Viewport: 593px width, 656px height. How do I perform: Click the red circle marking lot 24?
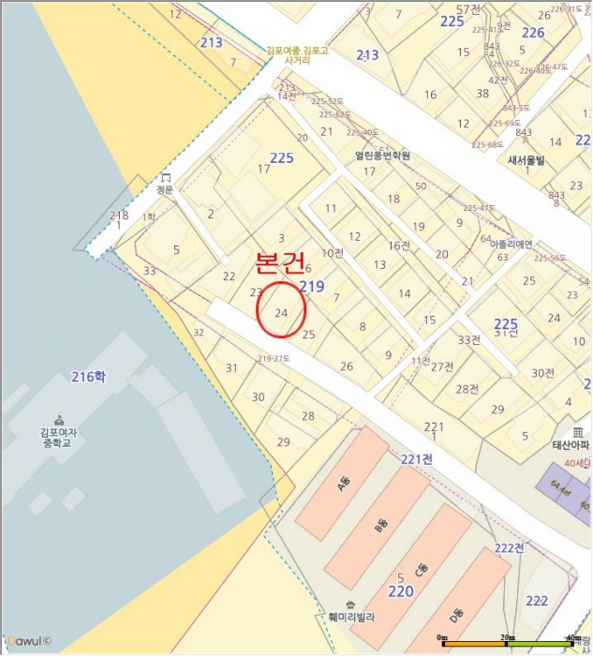tap(280, 309)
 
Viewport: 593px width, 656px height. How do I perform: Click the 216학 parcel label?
tap(89, 377)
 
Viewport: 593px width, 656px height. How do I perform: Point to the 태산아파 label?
tap(568, 446)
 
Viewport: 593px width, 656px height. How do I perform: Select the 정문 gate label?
tap(166, 186)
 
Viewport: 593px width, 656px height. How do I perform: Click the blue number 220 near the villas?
tap(400, 591)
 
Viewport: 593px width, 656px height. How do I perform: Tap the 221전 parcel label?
tap(416, 458)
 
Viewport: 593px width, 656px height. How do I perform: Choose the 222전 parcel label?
tap(511, 547)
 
